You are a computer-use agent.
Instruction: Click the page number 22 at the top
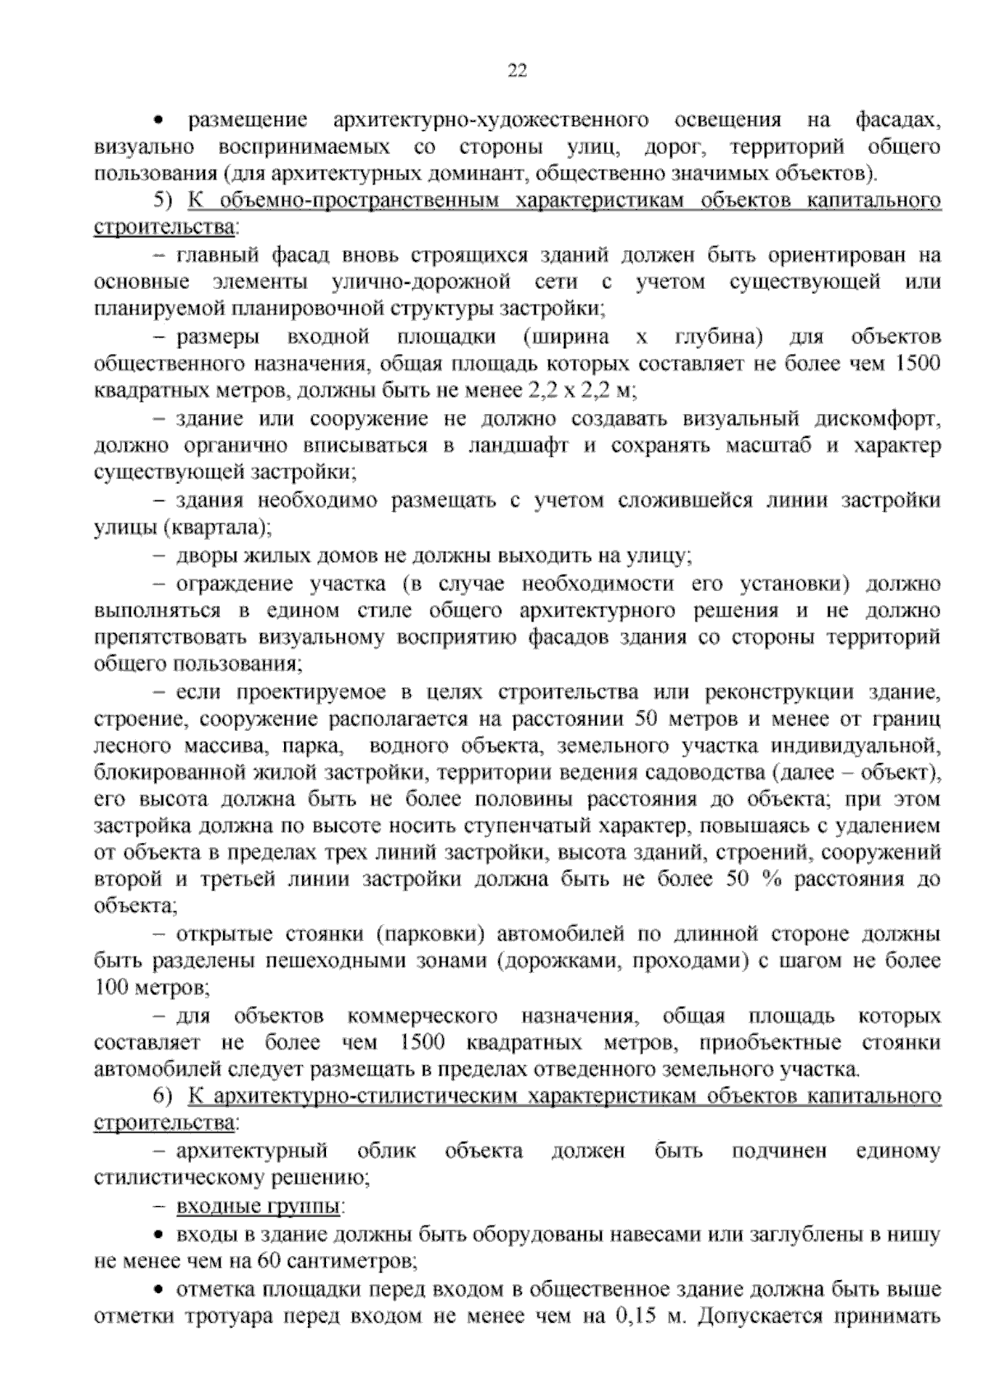pos(516,71)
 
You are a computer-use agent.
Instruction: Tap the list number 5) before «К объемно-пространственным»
pos(162,201)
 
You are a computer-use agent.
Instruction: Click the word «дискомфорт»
pos(877,418)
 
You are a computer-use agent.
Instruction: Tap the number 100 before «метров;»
pos(111,986)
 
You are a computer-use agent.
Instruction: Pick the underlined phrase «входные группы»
pos(258,1207)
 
